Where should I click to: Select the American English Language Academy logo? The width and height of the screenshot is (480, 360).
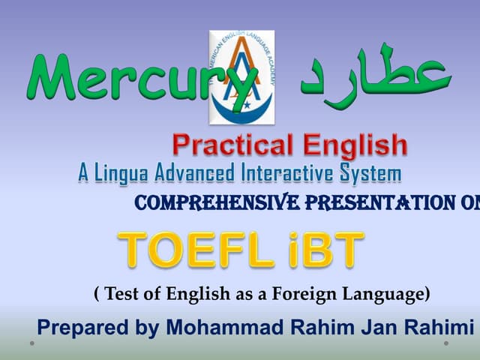coord(242,77)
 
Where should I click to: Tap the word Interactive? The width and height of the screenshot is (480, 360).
coord(289,174)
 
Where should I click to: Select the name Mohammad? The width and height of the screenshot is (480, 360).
coord(213,327)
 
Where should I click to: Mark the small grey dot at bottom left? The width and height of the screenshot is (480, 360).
coord(31,343)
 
